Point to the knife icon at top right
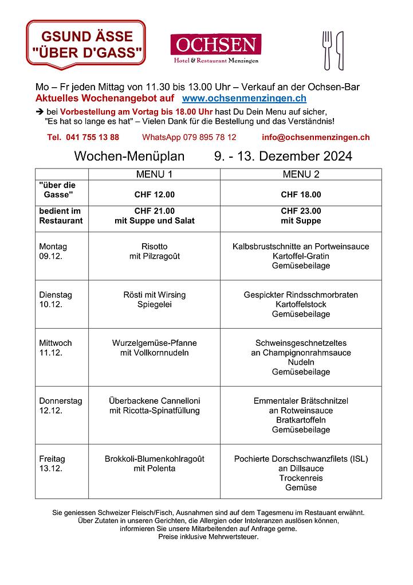tap(340, 50)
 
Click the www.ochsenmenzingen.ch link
tap(244, 99)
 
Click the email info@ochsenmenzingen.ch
tap(316, 137)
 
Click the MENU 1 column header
tap(154, 174)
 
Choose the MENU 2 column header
tap(301, 174)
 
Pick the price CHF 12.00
tap(154, 194)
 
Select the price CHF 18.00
tap(301, 194)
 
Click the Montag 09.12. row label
tap(53, 251)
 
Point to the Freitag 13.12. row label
tap(52, 463)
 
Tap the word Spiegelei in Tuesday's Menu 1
tap(154, 305)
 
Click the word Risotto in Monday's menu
tap(154, 247)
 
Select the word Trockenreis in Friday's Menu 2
tap(301, 478)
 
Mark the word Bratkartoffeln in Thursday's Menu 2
tap(301, 420)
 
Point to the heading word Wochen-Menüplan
tap(129, 156)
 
